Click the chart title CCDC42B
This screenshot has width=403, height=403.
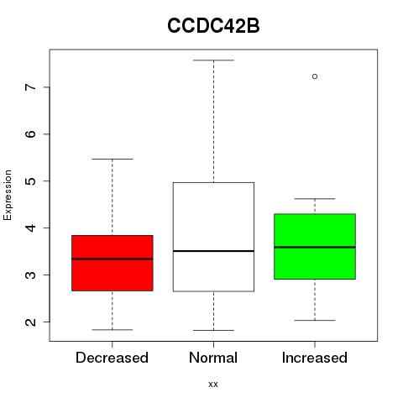tap(213, 26)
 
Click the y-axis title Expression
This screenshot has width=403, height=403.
tap(8, 195)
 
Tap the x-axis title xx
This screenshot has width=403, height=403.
tap(213, 385)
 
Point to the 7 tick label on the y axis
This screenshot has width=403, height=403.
tap(31, 87)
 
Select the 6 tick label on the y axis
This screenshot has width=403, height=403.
tap(31, 133)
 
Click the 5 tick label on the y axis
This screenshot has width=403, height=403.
tap(31, 181)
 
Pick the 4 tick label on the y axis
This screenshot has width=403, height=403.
tap(31, 228)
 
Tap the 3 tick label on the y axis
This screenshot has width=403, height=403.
tap(31, 275)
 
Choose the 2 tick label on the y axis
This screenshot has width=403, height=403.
tap(31, 322)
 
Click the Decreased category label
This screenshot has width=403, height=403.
tap(112, 358)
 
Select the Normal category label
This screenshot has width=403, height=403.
tap(213, 358)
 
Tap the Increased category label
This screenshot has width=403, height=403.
tap(315, 358)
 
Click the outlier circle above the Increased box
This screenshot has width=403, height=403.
tap(315, 76)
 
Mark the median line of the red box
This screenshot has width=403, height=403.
tap(113, 259)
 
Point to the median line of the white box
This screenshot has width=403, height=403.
tap(213, 251)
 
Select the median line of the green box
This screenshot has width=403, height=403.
tap(315, 247)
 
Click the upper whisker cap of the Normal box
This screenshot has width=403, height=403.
tap(213, 60)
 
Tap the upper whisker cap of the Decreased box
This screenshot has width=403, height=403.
tap(113, 159)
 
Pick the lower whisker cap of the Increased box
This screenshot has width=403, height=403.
tap(315, 320)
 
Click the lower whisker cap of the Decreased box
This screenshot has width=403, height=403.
tap(113, 330)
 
